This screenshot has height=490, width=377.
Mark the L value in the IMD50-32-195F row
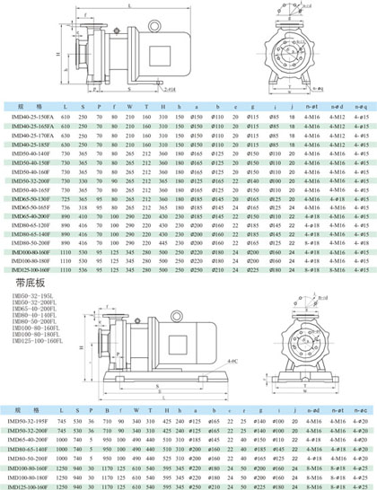coord(65,419)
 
